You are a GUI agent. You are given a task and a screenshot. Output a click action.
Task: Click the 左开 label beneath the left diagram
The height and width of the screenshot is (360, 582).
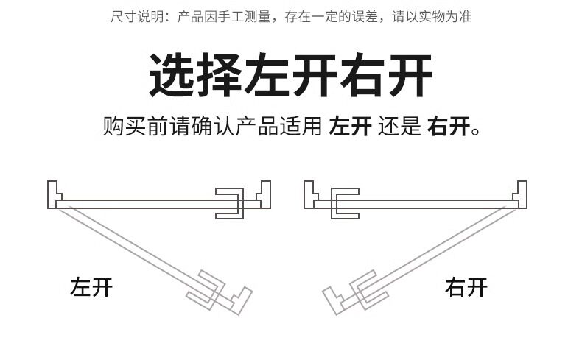coord(91,286)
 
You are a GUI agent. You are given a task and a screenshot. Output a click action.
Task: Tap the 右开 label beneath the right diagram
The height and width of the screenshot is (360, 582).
coord(466,286)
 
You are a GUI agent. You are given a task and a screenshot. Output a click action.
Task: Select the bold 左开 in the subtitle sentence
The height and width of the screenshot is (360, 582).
coord(350,127)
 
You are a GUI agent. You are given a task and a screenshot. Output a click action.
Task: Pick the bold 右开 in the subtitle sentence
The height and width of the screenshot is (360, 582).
coord(449,127)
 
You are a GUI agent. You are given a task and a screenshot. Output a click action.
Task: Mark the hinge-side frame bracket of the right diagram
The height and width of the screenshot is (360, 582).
coord(521,195)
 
